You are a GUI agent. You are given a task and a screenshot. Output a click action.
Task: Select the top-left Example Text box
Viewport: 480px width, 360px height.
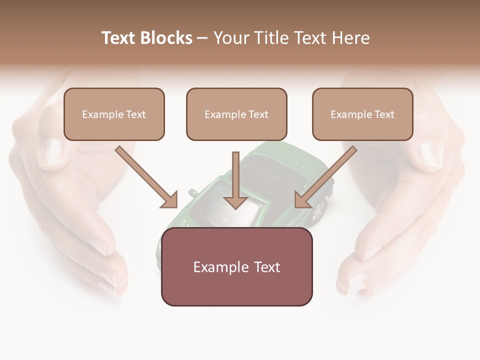[x=114, y=114]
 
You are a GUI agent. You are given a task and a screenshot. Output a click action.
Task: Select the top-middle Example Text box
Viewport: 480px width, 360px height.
[x=236, y=114]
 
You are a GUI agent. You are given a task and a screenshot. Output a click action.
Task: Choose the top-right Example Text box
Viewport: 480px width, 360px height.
[x=362, y=114]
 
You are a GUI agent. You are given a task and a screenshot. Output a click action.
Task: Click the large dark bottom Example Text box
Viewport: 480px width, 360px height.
[x=236, y=266]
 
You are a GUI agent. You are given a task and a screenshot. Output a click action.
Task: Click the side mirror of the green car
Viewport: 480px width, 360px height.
[x=192, y=192]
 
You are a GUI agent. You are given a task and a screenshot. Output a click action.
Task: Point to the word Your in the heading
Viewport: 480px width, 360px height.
[x=230, y=38]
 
